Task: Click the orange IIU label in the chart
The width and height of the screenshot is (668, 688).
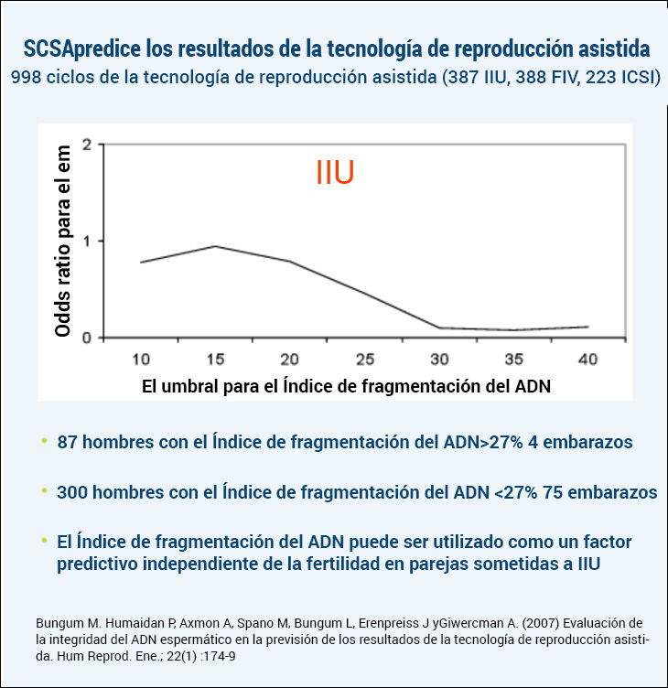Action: click(x=335, y=173)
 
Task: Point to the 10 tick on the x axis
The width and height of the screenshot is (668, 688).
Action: click(x=141, y=358)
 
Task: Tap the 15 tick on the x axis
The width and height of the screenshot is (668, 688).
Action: click(x=215, y=358)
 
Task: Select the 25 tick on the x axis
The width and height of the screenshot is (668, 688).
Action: click(x=364, y=358)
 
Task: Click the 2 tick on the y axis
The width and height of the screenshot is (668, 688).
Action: click(x=87, y=145)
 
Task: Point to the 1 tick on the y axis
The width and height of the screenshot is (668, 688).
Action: click(x=87, y=241)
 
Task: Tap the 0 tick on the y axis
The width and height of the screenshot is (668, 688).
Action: click(x=87, y=338)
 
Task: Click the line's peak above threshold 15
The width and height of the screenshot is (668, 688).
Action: click(x=215, y=246)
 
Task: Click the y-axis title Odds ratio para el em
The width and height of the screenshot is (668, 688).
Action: click(x=62, y=241)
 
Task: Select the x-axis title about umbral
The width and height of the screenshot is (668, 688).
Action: click(x=347, y=386)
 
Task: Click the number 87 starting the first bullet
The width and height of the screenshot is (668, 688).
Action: click(x=67, y=442)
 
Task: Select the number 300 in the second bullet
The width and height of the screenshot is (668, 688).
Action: click(x=71, y=492)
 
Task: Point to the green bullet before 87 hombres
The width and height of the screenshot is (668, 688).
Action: click(x=43, y=441)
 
